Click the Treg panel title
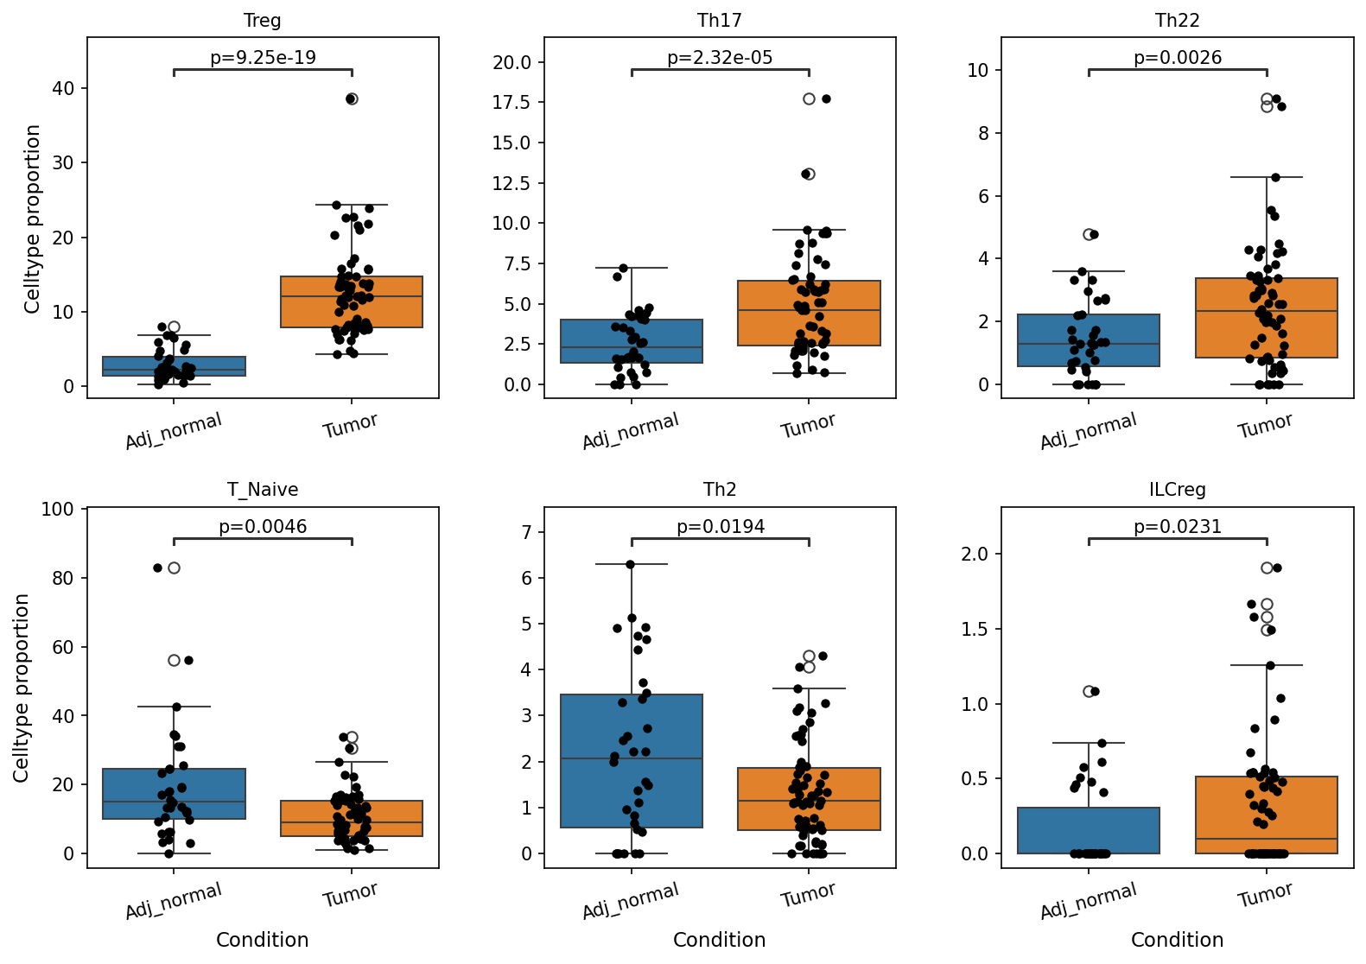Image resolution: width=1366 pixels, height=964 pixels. pos(262,20)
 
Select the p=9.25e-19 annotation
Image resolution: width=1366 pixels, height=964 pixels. pos(263,57)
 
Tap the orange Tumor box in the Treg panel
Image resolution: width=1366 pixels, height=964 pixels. pos(352,301)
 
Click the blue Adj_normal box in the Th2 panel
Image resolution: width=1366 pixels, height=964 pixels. pos(632,760)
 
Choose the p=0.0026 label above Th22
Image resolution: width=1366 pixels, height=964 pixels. pos(1178,57)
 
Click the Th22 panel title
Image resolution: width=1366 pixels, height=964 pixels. pos(1177,20)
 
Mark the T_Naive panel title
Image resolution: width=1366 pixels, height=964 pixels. pos(262,490)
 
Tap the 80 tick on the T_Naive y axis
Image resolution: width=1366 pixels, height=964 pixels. pos(63,577)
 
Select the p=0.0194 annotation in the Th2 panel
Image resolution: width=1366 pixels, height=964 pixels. pos(721,526)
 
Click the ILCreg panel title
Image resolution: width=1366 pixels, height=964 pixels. pos(1177,490)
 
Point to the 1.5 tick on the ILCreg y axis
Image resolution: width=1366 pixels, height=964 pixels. pos(974,629)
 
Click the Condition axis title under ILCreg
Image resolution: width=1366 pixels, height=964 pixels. pos(1177,940)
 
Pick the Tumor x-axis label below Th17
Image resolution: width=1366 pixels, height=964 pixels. pos(807,425)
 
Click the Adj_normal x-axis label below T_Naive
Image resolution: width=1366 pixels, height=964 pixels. pos(174,899)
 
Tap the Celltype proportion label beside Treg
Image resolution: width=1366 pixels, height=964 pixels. pos(32,219)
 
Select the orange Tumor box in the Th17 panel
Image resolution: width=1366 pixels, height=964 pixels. pos(809,313)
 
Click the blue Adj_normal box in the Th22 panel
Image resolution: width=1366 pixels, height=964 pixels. pos(1089,340)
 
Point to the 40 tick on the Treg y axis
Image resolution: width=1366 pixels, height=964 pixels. pos(63,88)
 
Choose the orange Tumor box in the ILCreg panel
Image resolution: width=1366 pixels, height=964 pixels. pos(1266,815)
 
